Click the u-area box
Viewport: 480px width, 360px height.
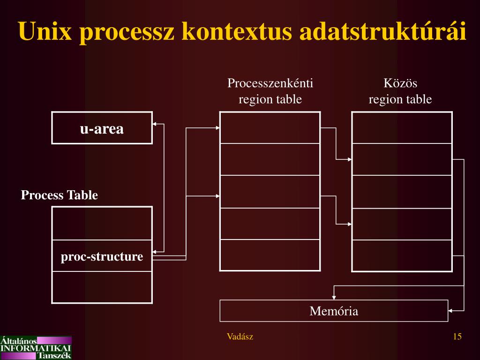102,128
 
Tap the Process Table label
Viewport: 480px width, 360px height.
60,195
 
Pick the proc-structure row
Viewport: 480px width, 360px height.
102,256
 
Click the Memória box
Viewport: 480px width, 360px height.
334,311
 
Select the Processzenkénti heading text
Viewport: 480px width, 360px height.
270,84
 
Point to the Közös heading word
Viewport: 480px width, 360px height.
400,84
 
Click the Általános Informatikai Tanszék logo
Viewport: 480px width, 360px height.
36,347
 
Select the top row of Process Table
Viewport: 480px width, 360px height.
102,224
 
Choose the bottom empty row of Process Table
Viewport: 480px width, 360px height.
102,287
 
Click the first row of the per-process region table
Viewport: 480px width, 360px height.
270,128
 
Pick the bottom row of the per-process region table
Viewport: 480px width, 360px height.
270,255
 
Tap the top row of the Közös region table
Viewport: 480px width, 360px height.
402,128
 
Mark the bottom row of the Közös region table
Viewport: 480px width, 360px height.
402,255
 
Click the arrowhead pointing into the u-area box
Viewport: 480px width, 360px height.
155,124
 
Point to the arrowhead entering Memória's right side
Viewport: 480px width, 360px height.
451,310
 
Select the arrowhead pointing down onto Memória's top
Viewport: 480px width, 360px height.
334,297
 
